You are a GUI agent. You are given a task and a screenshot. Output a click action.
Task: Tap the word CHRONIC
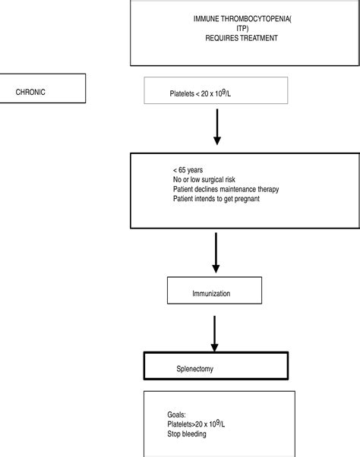coord(32,93)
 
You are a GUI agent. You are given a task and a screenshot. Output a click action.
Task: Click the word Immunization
coord(212,292)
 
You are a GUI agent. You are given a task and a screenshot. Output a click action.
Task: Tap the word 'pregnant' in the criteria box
coord(257,199)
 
